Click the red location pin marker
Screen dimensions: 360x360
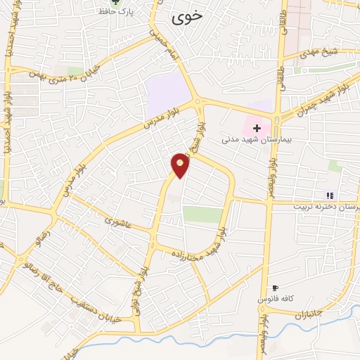tap(181, 164)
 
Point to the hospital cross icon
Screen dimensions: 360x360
tap(257, 128)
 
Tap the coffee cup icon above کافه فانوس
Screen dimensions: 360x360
tap(275, 288)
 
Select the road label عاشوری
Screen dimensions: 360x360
tap(118, 221)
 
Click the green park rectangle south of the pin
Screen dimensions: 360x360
tap(202, 214)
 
